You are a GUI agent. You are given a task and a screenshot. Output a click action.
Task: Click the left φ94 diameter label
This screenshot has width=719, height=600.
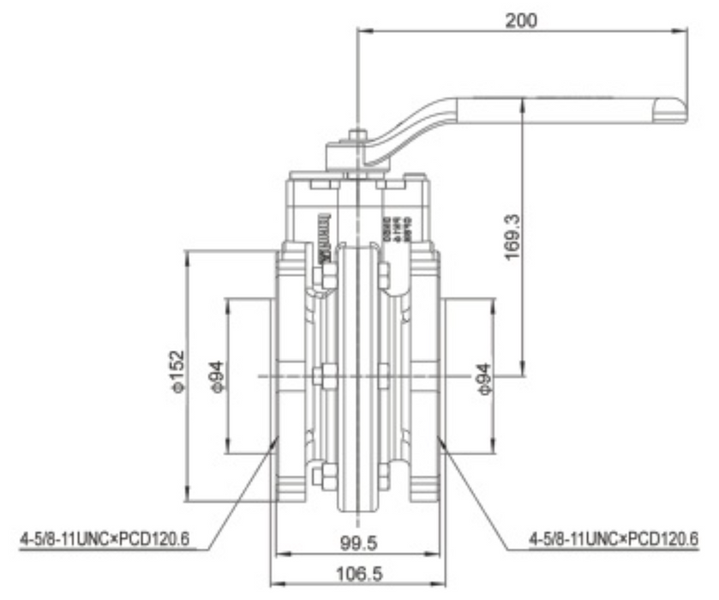tap(218, 375)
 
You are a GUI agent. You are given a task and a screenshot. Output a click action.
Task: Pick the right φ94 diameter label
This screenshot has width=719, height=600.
tap(482, 376)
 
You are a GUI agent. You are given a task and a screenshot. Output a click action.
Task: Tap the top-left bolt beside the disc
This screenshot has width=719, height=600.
tap(326, 275)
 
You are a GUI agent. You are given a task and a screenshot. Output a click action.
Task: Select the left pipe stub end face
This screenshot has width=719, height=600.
tap(273, 375)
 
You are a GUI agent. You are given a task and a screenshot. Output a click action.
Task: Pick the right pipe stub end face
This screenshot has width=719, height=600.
tap(442, 375)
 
